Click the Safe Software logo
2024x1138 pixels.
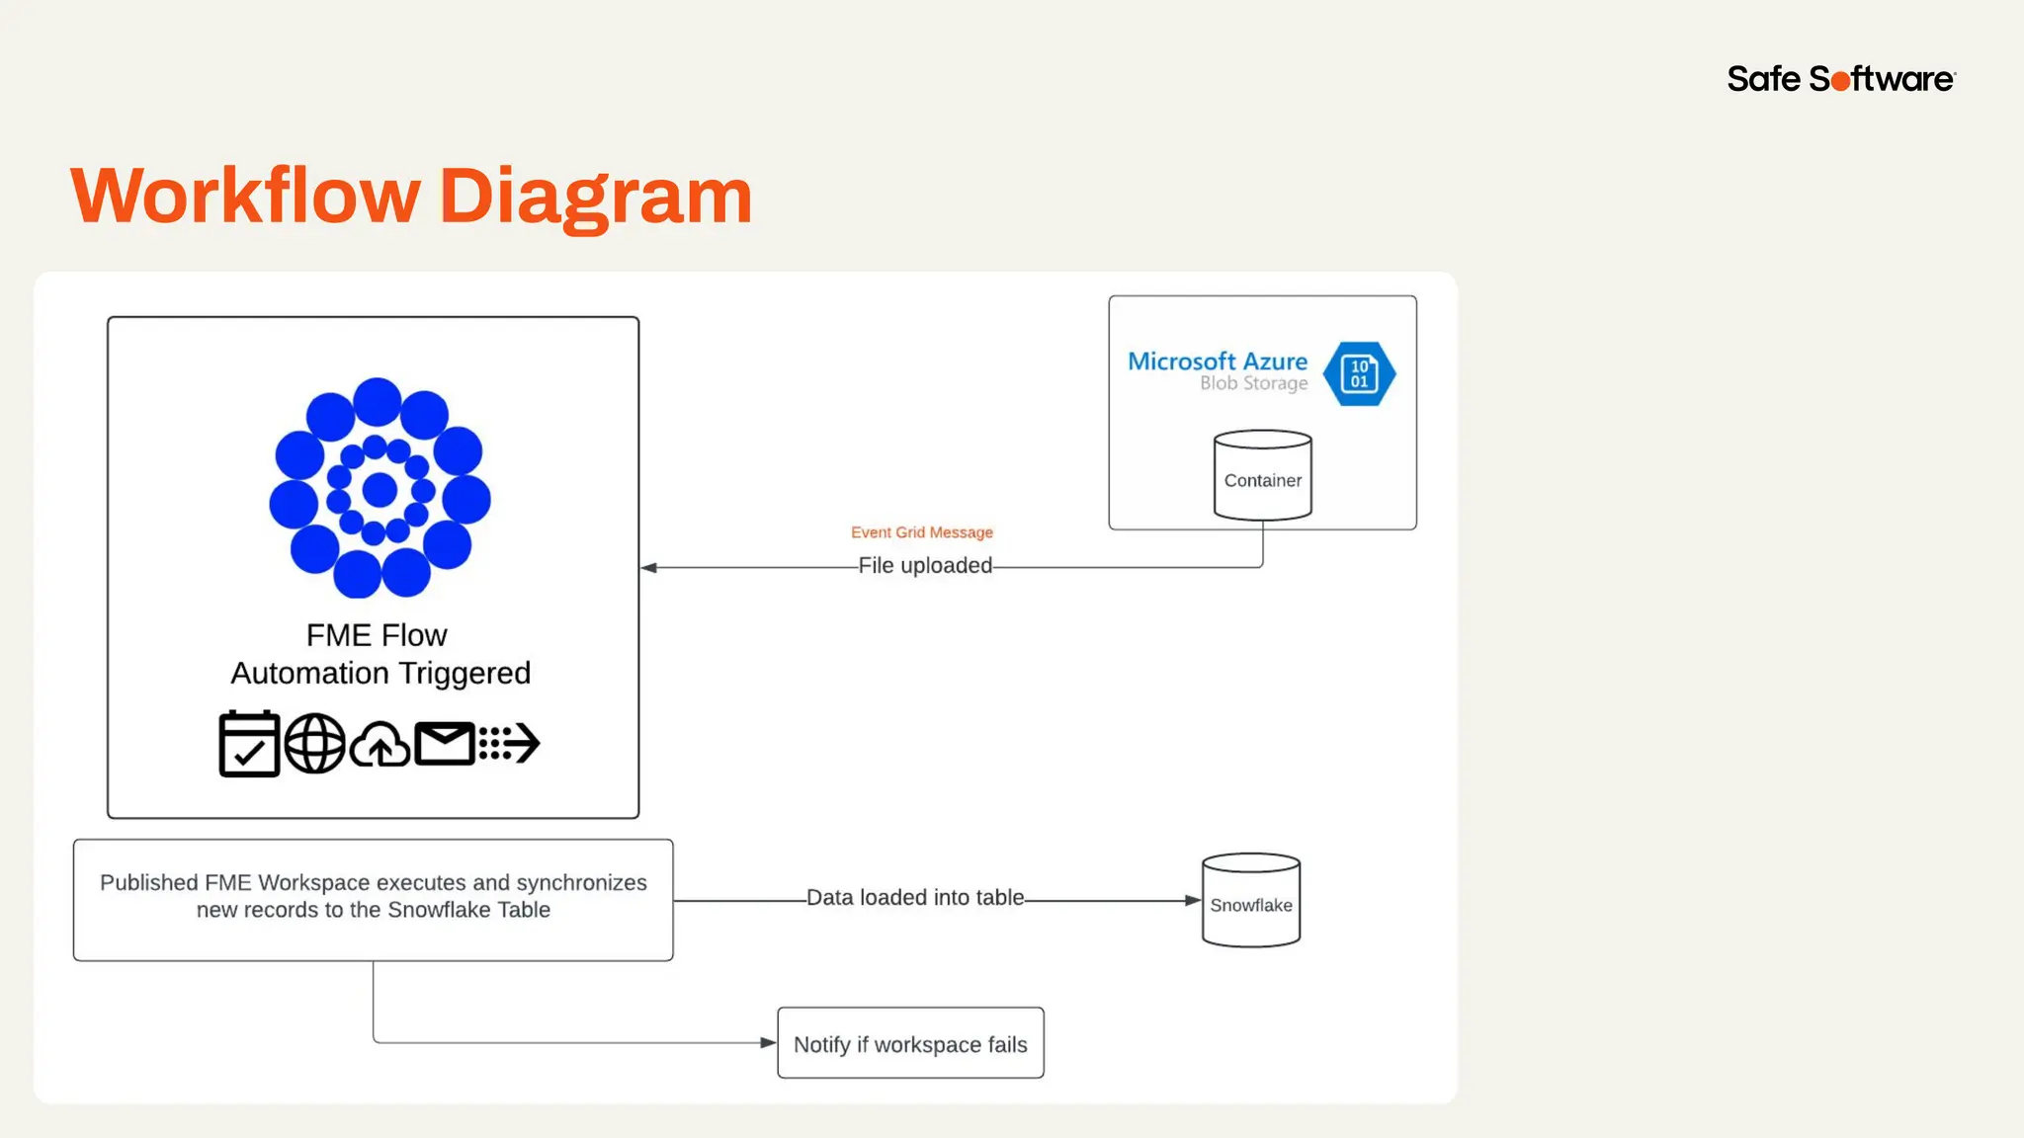coord(1840,79)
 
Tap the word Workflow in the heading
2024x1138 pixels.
coord(245,196)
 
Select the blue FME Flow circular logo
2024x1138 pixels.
coord(379,488)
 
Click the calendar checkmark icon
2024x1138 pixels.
coord(249,744)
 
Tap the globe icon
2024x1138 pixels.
coord(314,744)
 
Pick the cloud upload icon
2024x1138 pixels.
coord(380,746)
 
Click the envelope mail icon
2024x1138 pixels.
coord(445,744)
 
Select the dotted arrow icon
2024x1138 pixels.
coord(509,744)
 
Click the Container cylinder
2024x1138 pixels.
coord(1262,476)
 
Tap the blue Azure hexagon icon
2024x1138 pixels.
coord(1359,374)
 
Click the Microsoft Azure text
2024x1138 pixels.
coord(1217,362)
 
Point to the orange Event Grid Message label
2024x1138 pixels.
coord(921,532)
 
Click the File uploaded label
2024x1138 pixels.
coord(924,566)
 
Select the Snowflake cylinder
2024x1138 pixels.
coord(1250,901)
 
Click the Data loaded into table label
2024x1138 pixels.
coord(914,898)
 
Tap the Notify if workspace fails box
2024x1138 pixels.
coord(910,1044)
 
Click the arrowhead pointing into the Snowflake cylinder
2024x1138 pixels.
coord(1192,901)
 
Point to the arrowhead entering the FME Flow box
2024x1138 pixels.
coord(649,568)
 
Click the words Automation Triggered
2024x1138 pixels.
coord(380,674)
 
